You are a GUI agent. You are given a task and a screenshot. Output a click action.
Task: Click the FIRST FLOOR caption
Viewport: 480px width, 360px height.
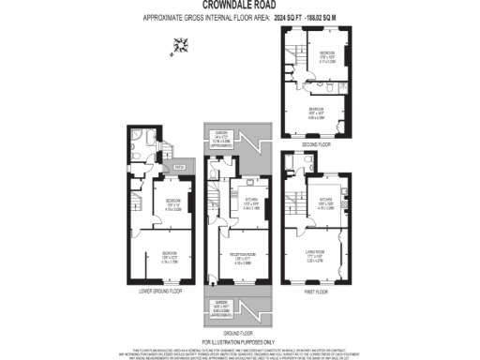tap(314, 292)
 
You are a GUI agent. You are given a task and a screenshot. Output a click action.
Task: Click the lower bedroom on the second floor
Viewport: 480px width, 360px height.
tap(322, 112)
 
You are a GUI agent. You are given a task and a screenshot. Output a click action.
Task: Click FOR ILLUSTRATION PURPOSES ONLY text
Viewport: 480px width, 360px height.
tap(240, 342)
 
